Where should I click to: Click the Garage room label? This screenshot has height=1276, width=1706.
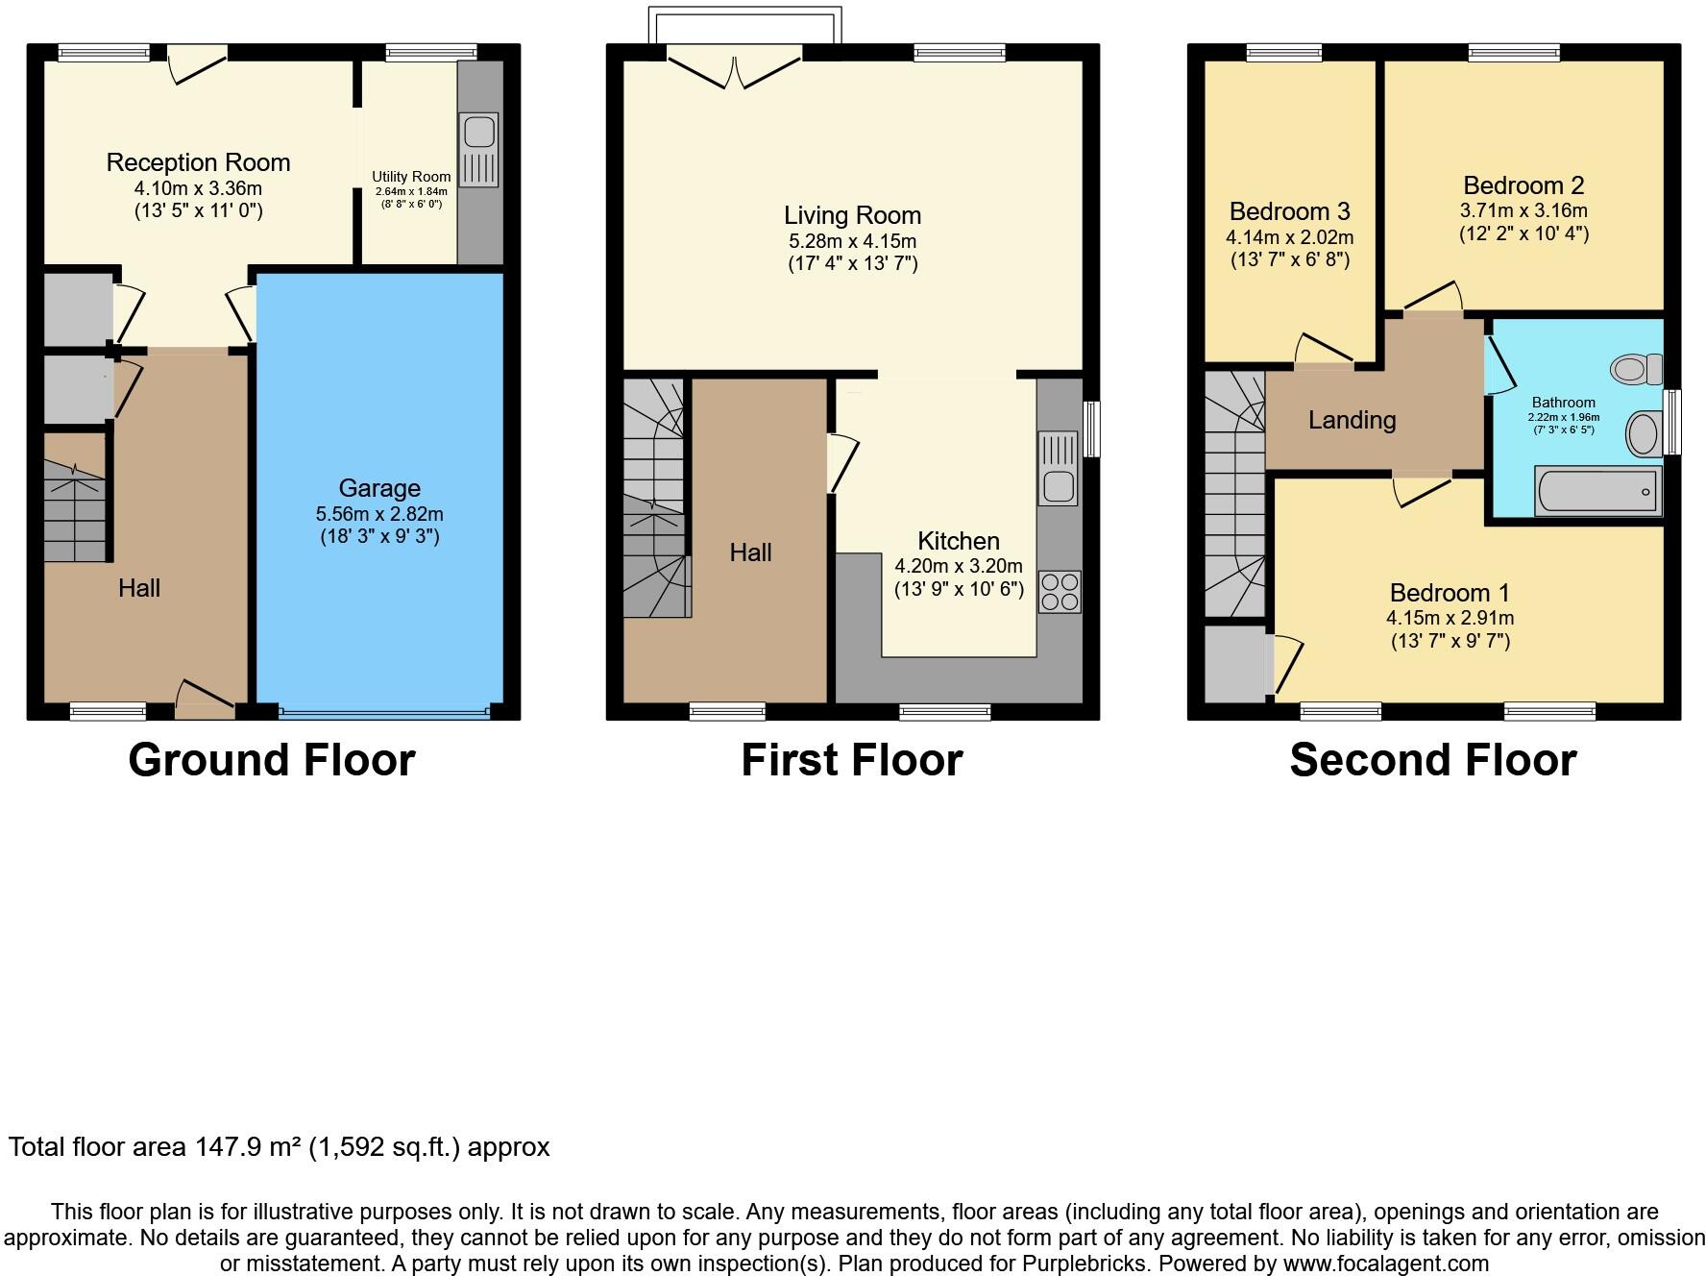click(378, 488)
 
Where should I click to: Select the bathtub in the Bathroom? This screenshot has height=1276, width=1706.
click(1597, 491)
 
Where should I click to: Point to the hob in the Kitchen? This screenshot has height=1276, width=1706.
click(1059, 592)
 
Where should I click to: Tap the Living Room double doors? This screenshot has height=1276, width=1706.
click(735, 67)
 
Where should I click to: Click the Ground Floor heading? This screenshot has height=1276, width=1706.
click(272, 760)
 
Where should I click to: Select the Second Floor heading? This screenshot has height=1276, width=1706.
click(1432, 760)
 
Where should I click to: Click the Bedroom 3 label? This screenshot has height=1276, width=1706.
click(1289, 211)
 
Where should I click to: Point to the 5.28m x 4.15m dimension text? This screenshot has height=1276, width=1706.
click(852, 241)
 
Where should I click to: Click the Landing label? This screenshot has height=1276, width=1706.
click(1352, 420)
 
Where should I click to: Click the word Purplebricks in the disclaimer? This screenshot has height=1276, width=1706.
click(1211, 1264)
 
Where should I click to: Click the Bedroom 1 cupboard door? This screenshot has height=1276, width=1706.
click(1287, 663)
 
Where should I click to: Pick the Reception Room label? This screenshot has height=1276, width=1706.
click(198, 162)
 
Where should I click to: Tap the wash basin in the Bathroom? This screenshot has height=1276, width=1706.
click(1644, 434)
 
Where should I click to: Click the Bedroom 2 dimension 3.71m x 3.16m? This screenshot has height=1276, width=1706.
click(1523, 210)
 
